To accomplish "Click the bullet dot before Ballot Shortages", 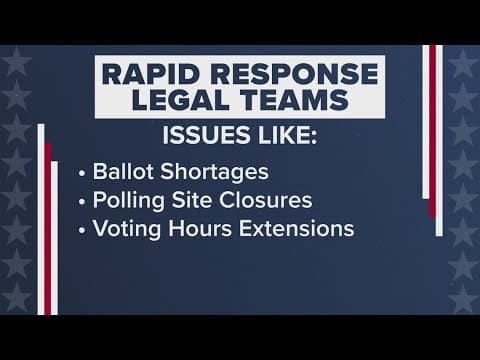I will click(x=83, y=171).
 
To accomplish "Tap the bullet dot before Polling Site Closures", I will click(x=83, y=200).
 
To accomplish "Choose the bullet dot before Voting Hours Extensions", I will click(x=83, y=229).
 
